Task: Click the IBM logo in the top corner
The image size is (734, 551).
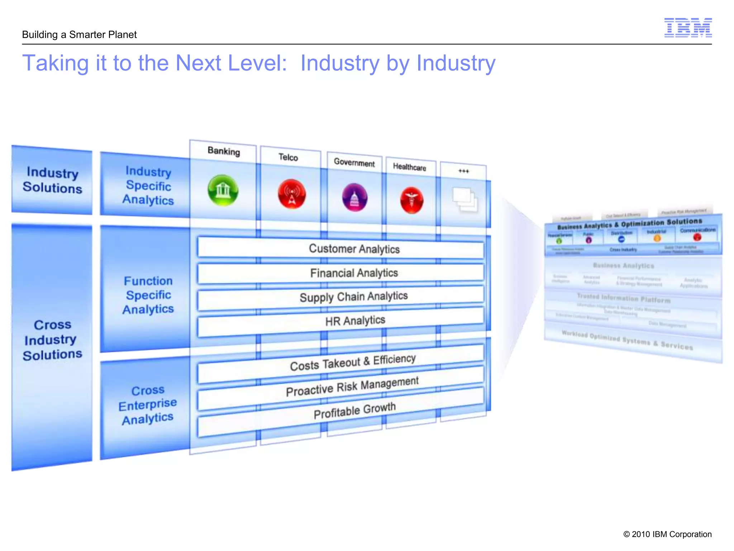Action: click(x=688, y=28)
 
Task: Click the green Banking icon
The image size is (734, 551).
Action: click(x=223, y=190)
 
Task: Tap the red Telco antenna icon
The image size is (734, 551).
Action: click(x=292, y=194)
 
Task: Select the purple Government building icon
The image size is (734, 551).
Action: click(x=354, y=197)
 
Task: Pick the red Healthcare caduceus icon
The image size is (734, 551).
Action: click(x=411, y=200)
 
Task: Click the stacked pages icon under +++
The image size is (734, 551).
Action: click(x=465, y=199)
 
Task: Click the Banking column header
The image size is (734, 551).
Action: click(x=224, y=151)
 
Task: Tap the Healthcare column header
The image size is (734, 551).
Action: click(x=409, y=167)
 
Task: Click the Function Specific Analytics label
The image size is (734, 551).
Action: click(x=148, y=295)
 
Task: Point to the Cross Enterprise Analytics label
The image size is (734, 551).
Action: click(x=147, y=405)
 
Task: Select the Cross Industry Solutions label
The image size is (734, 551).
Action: click(x=52, y=340)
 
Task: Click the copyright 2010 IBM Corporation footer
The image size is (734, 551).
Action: click(x=667, y=534)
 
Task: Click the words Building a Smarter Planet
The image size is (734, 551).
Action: click(x=79, y=35)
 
